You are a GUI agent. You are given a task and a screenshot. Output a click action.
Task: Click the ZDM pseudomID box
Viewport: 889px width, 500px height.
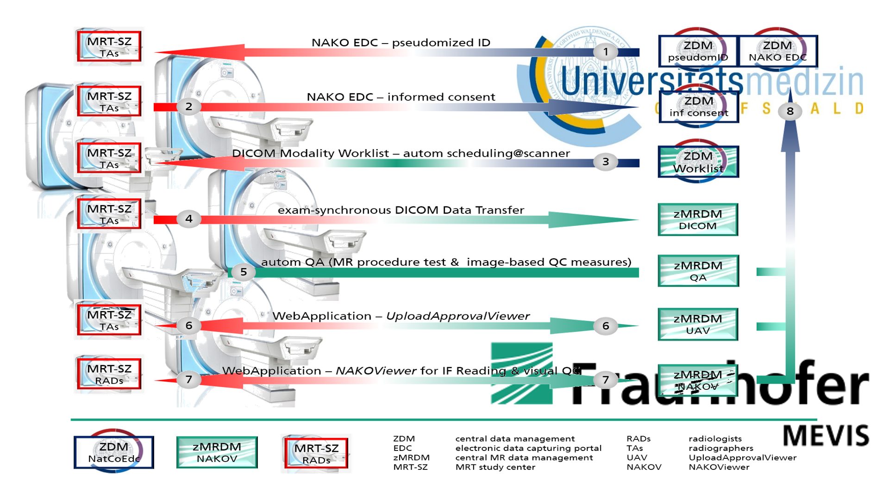click(x=698, y=51)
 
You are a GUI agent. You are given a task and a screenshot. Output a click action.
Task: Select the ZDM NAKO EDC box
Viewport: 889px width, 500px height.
click(x=777, y=51)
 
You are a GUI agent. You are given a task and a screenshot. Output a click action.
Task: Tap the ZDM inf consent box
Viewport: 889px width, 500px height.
click(x=699, y=107)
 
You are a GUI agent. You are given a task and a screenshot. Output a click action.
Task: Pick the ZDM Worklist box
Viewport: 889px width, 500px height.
click(x=698, y=162)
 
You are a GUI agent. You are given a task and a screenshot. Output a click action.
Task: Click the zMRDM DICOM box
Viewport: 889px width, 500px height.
click(x=698, y=220)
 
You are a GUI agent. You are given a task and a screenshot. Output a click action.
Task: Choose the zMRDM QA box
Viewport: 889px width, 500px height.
click(x=698, y=271)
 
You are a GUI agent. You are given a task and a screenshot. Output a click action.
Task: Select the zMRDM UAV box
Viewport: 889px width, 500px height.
click(x=698, y=325)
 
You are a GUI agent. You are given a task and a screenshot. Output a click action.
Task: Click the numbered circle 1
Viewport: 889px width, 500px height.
click(x=606, y=52)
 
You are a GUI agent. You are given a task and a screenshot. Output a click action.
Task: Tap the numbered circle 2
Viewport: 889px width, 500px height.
click(x=189, y=107)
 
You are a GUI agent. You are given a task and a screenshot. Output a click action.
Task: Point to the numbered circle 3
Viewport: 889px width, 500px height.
click(x=606, y=162)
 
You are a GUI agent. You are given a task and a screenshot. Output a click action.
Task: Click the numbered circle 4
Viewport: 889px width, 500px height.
click(x=189, y=219)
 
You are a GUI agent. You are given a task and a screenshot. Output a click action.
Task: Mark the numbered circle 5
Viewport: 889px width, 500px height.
click(x=244, y=272)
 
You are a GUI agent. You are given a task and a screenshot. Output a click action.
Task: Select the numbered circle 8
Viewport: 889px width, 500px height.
click(x=790, y=112)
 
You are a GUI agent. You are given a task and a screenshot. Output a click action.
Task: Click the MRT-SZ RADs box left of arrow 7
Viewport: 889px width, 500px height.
click(x=109, y=374)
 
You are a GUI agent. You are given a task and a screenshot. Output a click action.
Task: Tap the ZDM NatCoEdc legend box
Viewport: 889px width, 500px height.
click(x=114, y=452)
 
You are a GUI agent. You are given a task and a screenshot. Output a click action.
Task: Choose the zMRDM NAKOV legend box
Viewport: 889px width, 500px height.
click(x=217, y=452)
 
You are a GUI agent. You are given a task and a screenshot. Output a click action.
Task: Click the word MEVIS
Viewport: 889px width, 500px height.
click(x=826, y=436)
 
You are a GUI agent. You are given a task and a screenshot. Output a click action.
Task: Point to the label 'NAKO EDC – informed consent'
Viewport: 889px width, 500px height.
click(x=401, y=97)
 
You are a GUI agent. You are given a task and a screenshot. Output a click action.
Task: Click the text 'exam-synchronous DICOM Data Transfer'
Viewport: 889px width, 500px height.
click(x=401, y=210)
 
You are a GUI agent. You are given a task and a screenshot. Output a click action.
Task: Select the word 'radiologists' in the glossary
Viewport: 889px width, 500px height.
click(x=715, y=438)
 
